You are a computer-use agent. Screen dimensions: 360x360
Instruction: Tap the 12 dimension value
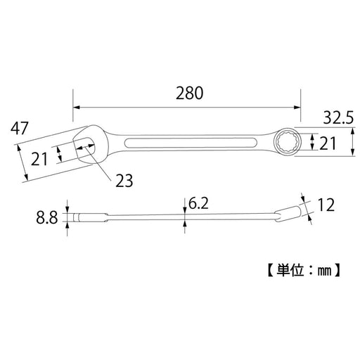[325, 205]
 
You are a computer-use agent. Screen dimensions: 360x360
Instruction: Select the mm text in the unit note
[328, 269]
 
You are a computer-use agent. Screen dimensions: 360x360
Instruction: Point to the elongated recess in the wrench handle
[191, 144]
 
